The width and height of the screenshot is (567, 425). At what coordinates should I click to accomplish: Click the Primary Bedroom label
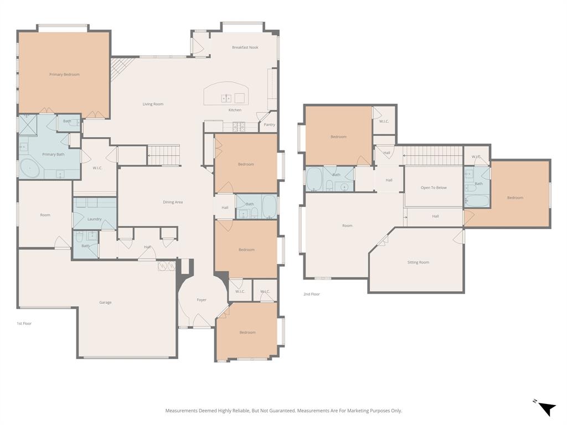64,75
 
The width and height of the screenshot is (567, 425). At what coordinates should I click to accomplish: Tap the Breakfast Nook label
245,48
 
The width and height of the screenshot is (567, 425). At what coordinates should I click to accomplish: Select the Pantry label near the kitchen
269,125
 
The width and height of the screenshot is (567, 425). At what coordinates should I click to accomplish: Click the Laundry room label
94,219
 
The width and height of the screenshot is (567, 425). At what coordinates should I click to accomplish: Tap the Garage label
105,303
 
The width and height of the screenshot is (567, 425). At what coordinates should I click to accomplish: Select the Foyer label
202,300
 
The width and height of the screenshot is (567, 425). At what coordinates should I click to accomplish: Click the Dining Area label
173,203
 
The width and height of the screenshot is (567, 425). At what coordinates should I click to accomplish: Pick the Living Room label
153,104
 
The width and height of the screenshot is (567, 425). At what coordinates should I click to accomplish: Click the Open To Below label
434,188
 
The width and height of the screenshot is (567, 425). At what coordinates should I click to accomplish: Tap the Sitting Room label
418,262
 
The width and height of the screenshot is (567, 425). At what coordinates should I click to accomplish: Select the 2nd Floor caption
311,294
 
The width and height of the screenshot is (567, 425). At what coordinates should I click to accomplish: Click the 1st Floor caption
24,323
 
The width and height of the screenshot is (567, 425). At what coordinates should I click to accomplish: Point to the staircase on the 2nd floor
433,156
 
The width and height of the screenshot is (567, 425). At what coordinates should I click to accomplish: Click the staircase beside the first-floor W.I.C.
164,155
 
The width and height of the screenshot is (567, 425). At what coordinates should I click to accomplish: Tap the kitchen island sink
226,99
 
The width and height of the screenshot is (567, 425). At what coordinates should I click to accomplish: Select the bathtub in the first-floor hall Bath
269,206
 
